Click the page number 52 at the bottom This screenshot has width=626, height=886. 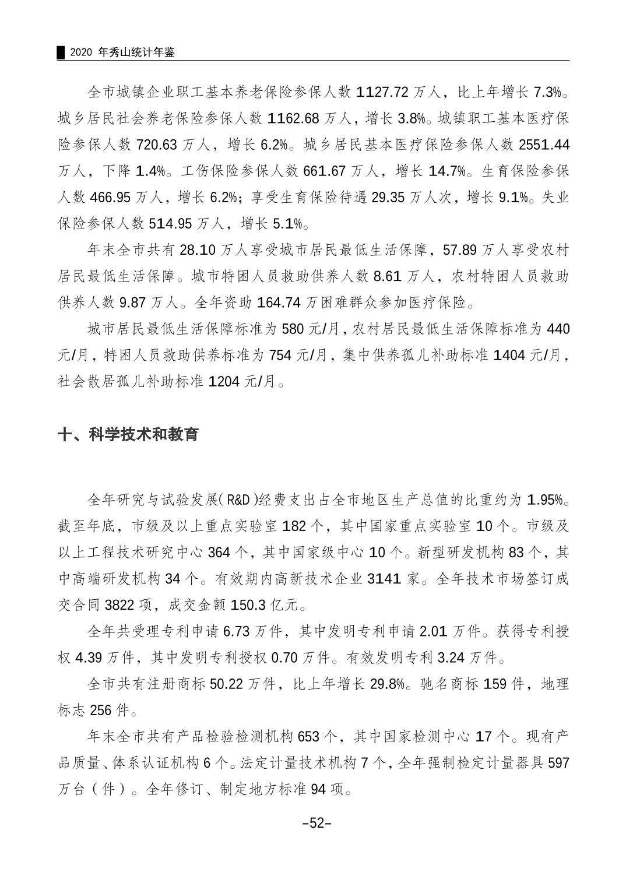point(316,823)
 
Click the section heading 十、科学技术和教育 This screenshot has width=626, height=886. point(128,434)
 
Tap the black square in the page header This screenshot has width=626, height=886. point(60,52)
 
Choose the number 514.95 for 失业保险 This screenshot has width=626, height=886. point(174,224)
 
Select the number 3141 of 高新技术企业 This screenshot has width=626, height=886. point(384,579)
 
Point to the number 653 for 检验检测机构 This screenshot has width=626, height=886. point(308,737)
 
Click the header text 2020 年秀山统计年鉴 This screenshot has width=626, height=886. point(121,52)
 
